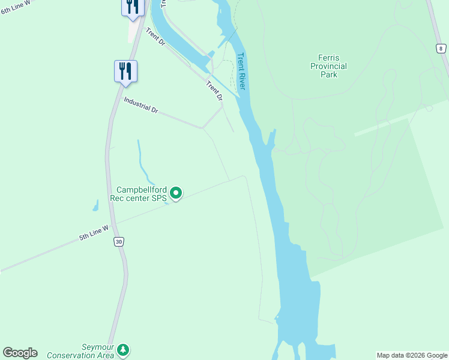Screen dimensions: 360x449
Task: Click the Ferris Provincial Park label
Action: tap(328, 66)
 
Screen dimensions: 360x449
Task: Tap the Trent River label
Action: tap(241, 71)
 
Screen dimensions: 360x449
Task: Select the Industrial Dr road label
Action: tap(140, 106)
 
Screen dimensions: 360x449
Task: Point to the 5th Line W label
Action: tap(94, 232)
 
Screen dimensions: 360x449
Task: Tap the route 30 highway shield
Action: tap(119, 241)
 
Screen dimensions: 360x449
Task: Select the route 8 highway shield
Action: tap(441, 49)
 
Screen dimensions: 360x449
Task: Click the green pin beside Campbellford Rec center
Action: tap(176, 193)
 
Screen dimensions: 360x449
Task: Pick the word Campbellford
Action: tap(142, 189)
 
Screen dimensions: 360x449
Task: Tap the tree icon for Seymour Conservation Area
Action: tap(123, 349)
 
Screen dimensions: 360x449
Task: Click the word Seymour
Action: tap(97, 347)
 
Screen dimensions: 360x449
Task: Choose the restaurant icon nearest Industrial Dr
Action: tap(126, 71)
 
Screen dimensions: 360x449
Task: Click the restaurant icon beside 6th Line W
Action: tap(132, 7)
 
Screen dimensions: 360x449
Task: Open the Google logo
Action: tap(20, 353)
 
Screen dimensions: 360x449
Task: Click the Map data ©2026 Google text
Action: tap(412, 355)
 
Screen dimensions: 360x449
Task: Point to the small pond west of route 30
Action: tap(95, 206)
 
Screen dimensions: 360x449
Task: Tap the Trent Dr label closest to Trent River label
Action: tap(214, 91)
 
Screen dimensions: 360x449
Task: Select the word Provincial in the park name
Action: tap(328, 66)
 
